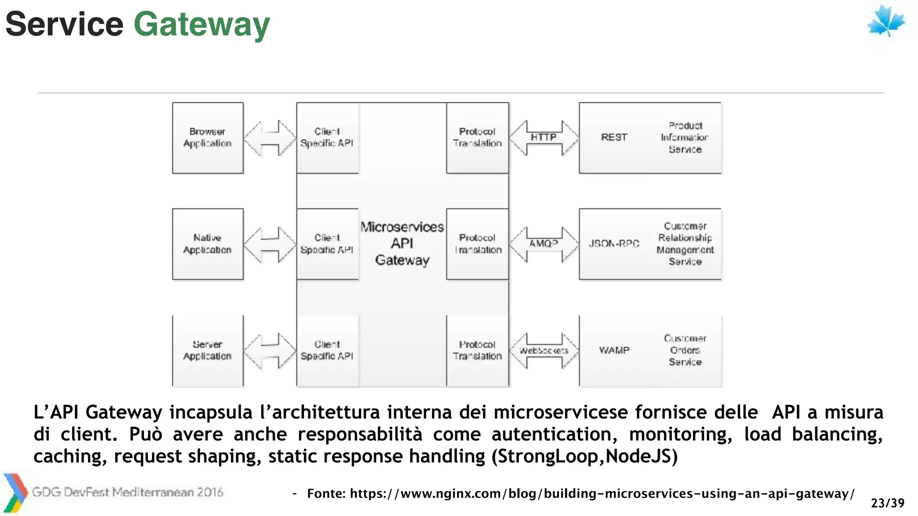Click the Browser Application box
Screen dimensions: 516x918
(208, 138)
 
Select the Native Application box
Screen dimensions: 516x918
(208, 244)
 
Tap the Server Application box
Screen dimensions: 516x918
(208, 350)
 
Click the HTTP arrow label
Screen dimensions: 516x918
(544, 137)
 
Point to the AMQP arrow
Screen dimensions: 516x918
(544, 244)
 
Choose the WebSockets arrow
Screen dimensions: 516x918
(544, 350)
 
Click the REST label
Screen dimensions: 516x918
(614, 138)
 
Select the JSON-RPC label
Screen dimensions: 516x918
(614, 244)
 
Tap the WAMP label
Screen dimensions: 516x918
(614, 350)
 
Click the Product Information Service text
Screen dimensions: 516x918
(684, 138)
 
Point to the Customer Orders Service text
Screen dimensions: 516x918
(685, 350)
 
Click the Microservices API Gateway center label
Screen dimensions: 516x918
(402, 244)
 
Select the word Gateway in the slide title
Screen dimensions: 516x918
(202, 24)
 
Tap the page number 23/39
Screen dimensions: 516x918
(887, 503)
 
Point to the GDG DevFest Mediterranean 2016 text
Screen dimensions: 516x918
(127, 492)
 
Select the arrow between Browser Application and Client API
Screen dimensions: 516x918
(269, 138)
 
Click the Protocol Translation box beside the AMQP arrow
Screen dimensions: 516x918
(477, 244)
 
